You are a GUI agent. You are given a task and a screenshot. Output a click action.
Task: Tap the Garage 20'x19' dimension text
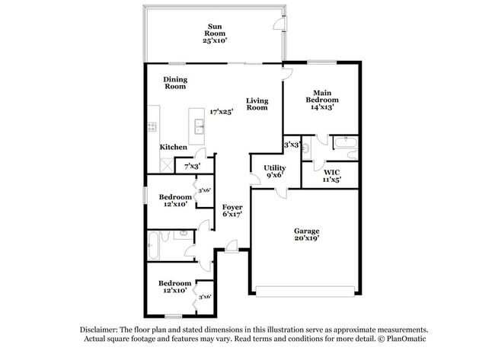(x=307, y=238)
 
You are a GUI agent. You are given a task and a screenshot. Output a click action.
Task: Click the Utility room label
(x=275, y=168)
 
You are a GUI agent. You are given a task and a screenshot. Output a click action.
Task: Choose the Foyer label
(x=232, y=207)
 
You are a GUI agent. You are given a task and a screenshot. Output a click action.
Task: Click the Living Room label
(x=257, y=104)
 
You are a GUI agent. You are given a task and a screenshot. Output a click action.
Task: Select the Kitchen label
(x=173, y=147)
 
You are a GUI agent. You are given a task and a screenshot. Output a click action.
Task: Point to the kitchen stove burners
(x=152, y=127)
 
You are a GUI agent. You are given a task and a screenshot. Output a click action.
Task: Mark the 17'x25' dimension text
(x=222, y=111)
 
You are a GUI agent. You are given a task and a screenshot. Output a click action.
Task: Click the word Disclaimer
(x=100, y=330)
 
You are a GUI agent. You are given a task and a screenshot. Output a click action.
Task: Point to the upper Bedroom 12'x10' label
(x=175, y=200)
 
